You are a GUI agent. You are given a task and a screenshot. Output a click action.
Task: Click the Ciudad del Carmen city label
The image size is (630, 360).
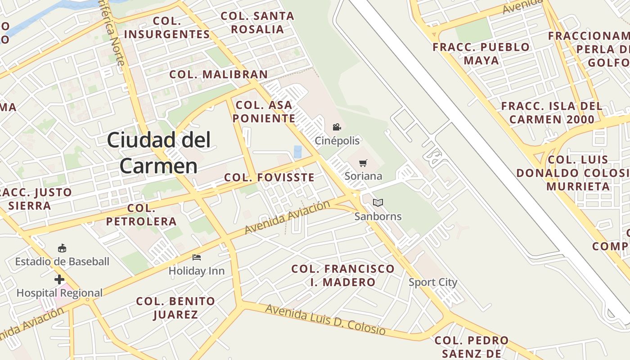click(x=158, y=153)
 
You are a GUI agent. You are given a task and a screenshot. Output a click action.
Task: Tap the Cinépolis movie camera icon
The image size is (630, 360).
click(x=337, y=127)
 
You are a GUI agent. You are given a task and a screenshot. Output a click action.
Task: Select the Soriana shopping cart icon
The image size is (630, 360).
click(x=363, y=163)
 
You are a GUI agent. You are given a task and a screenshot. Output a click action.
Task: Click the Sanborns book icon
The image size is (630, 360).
click(x=378, y=203)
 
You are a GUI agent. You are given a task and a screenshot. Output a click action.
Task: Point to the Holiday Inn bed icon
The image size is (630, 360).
click(x=197, y=257)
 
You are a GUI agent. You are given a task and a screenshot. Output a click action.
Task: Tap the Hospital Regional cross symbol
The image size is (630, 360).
click(x=59, y=279)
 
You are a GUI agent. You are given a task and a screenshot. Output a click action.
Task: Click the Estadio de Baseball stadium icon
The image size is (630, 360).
click(x=62, y=248)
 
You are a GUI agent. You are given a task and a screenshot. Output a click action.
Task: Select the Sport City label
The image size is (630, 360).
click(x=433, y=283)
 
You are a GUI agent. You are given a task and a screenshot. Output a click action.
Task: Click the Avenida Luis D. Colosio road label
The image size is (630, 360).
click(x=325, y=319)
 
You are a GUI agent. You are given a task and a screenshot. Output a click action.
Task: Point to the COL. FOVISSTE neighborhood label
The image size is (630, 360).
click(x=269, y=177)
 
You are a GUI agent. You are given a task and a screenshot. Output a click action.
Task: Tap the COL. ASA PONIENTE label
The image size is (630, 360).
click(x=265, y=112)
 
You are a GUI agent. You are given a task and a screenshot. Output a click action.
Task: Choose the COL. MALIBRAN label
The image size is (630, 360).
click(x=218, y=74)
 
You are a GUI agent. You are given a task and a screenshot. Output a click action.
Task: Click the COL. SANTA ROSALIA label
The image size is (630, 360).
click(x=257, y=22)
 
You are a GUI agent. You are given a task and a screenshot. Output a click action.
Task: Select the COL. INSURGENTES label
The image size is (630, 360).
click(x=167, y=27)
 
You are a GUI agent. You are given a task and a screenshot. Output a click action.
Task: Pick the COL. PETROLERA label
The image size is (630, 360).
click(x=141, y=215)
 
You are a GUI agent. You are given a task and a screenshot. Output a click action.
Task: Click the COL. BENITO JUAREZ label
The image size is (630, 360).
click(x=175, y=307)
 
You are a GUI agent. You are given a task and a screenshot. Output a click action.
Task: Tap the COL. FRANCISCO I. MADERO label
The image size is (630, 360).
click(x=343, y=275)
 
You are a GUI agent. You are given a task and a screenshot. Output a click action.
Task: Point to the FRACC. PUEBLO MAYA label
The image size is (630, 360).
click(x=481, y=54)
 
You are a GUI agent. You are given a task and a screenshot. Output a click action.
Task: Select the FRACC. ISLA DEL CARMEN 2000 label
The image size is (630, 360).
click(x=552, y=112)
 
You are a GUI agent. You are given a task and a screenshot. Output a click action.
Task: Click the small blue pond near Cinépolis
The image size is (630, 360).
click(x=297, y=152)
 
